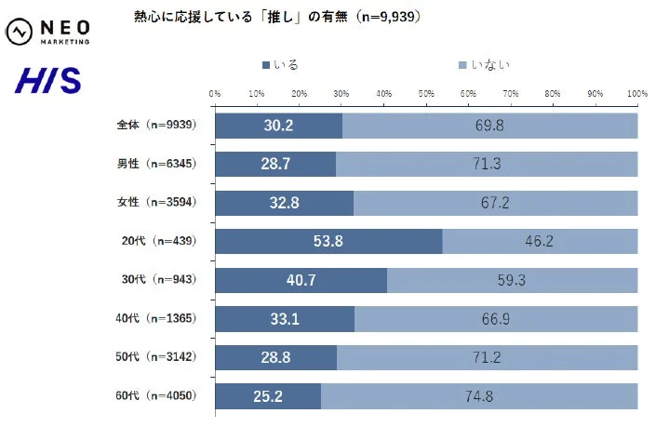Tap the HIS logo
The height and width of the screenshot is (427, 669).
coord(47,81)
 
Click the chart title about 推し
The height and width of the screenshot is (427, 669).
coord(278,18)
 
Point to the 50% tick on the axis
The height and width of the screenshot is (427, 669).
coord(426,94)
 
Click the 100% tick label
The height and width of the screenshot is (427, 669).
coord(637,94)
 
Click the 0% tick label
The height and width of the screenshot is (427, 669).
coord(215,94)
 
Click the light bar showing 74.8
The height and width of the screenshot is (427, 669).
coord(479,396)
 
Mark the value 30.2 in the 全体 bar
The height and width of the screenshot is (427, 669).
coord(278,126)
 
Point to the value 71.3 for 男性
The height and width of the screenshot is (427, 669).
coord(486,165)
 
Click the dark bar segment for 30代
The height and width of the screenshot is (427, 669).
coord(301,280)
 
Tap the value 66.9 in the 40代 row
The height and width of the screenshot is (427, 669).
coord(495,319)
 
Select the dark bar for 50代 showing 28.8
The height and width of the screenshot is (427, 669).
coord(275,358)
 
